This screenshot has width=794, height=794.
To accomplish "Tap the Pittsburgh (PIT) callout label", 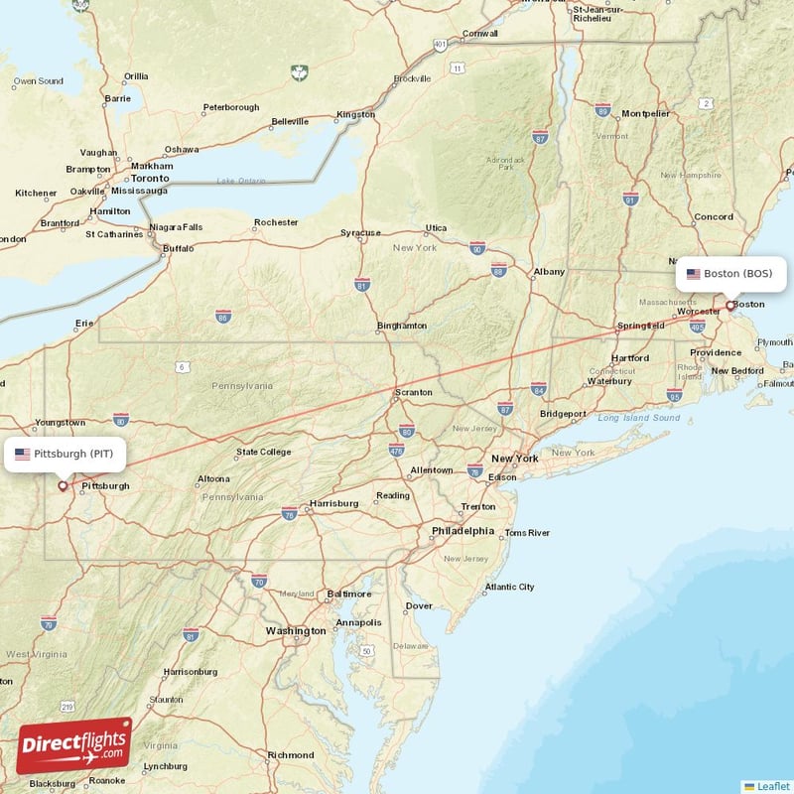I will click(65, 454).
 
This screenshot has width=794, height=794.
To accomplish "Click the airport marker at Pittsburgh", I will click(63, 486).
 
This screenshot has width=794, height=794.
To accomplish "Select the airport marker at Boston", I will click(729, 306).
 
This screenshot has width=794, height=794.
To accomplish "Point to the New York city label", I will click(514, 459).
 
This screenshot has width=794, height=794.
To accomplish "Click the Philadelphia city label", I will click(463, 531).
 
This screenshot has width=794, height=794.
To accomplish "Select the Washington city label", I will click(295, 630).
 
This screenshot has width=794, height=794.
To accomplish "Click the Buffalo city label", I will click(179, 248).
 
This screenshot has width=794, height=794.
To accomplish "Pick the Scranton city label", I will click(414, 392).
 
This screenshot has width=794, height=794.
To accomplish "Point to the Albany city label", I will click(549, 271).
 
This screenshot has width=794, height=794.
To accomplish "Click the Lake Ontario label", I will click(241, 181).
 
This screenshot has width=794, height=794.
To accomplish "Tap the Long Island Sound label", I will click(638, 418).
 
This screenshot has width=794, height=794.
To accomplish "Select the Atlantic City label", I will click(509, 587).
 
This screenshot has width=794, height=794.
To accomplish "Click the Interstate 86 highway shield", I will click(223, 317).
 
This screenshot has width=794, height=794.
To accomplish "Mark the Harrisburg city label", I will click(333, 503).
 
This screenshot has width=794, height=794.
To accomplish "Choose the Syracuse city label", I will click(360, 232).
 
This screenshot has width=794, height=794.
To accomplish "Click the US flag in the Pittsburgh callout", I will click(22, 454).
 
